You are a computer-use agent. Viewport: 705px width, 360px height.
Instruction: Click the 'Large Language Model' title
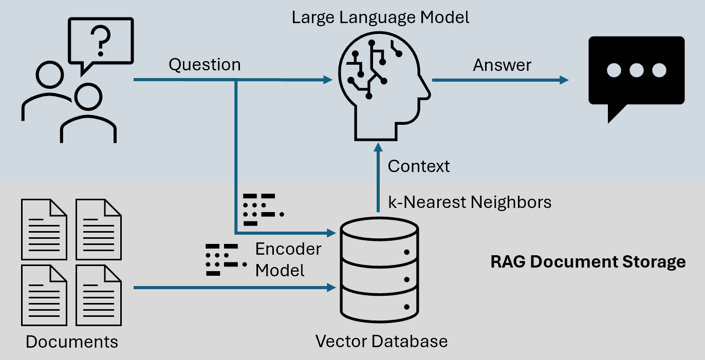pos(381,17)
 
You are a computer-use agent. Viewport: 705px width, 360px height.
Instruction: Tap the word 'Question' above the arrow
pos(205,65)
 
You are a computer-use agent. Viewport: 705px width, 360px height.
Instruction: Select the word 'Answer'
pos(502,65)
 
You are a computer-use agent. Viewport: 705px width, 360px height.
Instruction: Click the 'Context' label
pos(419,166)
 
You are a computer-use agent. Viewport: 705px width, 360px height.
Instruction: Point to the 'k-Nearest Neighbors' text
pos(470,202)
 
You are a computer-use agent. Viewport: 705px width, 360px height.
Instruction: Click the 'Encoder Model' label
pos(288,259)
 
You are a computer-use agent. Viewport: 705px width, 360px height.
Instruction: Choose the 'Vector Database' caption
pos(381,341)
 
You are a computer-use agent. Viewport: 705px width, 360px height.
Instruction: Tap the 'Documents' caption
pos(72,342)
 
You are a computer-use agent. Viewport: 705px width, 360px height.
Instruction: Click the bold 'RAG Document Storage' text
pos(588,261)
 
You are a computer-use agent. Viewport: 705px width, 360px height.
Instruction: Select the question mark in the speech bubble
pos(101,41)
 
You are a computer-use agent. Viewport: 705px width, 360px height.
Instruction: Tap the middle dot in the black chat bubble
pos(636,70)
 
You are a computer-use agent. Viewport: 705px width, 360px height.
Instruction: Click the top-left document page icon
pos(44,229)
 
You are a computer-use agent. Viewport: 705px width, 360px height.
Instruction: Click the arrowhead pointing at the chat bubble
pos(564,80)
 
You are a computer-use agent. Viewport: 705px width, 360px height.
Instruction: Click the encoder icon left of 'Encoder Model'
pos(221,259)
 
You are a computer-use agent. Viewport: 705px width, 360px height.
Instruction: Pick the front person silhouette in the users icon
pos(88,116)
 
